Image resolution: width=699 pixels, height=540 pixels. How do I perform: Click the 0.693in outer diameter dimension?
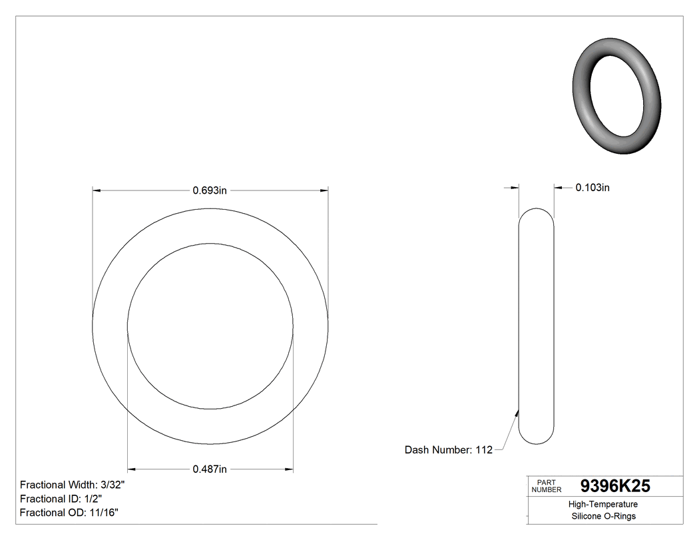pos(210,190)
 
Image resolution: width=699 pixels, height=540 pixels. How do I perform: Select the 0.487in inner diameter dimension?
pos(210,469)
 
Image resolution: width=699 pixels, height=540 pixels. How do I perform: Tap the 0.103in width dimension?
pos(592,188)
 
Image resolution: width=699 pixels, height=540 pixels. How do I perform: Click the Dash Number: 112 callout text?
pos(448,450)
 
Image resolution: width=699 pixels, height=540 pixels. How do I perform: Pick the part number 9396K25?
pos(615,486)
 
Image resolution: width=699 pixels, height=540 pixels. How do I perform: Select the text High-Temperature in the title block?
pos(604,505)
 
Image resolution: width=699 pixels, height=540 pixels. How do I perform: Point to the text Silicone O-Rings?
pos(604,517)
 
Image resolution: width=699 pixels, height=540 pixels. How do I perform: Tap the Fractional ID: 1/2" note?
pos(61,499)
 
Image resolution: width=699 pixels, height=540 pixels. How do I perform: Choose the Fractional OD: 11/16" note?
pos(69,513)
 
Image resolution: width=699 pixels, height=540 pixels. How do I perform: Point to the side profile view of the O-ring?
pos(536,326)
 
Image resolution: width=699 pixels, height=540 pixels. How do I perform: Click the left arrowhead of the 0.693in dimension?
pos(96,191)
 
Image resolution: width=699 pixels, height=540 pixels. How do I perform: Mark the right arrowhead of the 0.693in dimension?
pos(324,191)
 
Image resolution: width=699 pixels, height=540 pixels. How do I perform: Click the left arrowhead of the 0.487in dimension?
pos(131,469)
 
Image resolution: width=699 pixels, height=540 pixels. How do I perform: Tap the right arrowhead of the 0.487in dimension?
pos(290,469)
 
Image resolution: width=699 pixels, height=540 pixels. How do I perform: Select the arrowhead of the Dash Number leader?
pos(517,413)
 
